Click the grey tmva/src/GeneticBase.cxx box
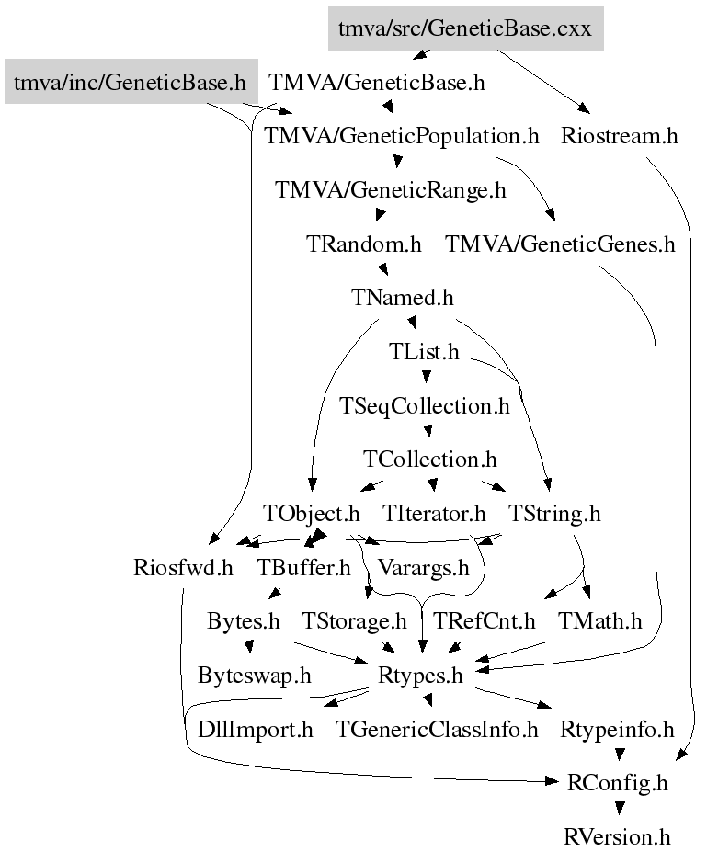pyautogui.click(x=465, y=28)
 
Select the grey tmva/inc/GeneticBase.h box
pyautogui.click(x=130, y=83)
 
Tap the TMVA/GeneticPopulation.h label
pyautogui.click(x=401, y=137)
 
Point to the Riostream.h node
pyautogui.click(x=619, y=137)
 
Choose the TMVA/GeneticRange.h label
pyautogui.click(x=391, y=191)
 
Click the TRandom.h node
pyautogui.click(x=363, y=244)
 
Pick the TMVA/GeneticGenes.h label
pyautogui.click(x=560, y=244)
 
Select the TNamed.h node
pyautogui.click(x=403, y=298)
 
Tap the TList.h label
pyautogui.click(x=424, y=352)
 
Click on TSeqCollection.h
pyautogui.click(x=424, y=405)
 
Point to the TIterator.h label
pyautogui.click(x=434, y=513)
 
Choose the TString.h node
pyautogui.click(x=554, y=513)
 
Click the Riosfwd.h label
pyautogui.click(x=182, y=567)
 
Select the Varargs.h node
pyautogui.click(x=424, y=567)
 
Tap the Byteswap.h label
pyautogui.click(x=255, y=676)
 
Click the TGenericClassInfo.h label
pyautogui.click(x=437, y=730)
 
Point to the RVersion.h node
pyautogui.click(x=617, y=837)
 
